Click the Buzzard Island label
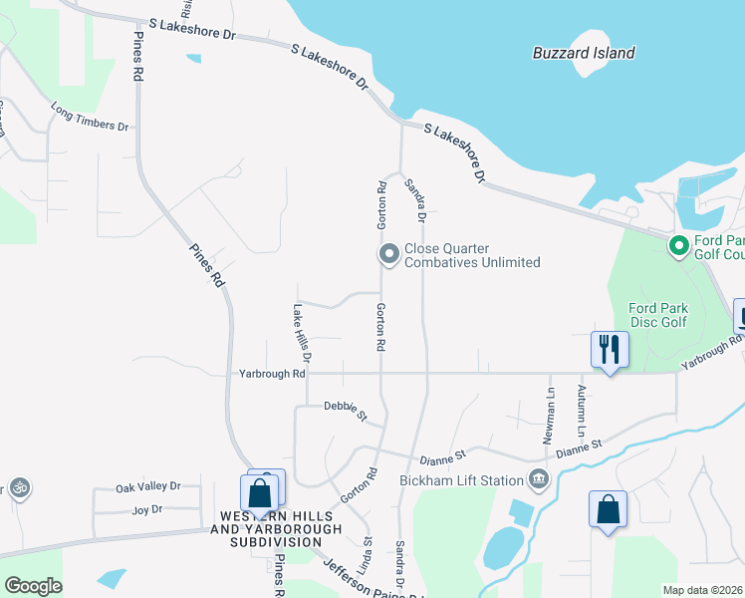point(583,53)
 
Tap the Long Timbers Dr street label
point(91,117)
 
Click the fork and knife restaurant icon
point(609,350)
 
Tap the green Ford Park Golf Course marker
point(678,245)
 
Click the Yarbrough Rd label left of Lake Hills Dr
point(272,374)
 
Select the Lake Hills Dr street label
point(302,333)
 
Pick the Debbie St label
point(346,409)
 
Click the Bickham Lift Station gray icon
point(539,480)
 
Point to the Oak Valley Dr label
point(147,487)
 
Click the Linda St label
point(366,555)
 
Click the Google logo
point(33,586)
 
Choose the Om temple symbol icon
point(17,488)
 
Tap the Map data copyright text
point(703,590)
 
